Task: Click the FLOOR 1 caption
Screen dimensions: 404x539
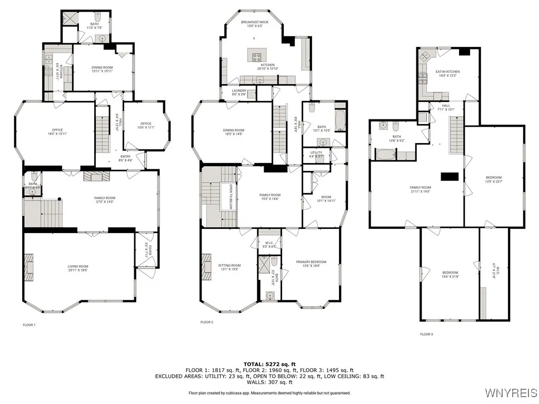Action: tap(29, 325)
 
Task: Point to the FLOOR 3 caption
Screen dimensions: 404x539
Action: tap(427, 334)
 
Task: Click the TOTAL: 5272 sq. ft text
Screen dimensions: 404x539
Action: tap(269, 364)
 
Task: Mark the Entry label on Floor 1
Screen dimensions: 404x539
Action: tap(125, 158)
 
